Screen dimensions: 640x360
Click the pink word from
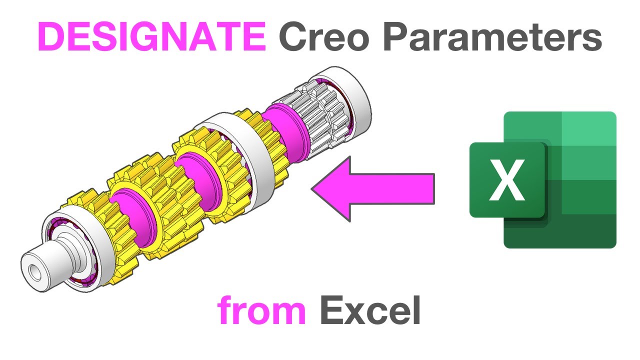point(261,311)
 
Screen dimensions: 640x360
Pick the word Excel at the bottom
point(370,311)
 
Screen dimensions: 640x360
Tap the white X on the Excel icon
point(507,180)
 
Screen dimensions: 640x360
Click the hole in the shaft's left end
point(33,272)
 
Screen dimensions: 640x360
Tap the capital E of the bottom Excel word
point(331,311)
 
